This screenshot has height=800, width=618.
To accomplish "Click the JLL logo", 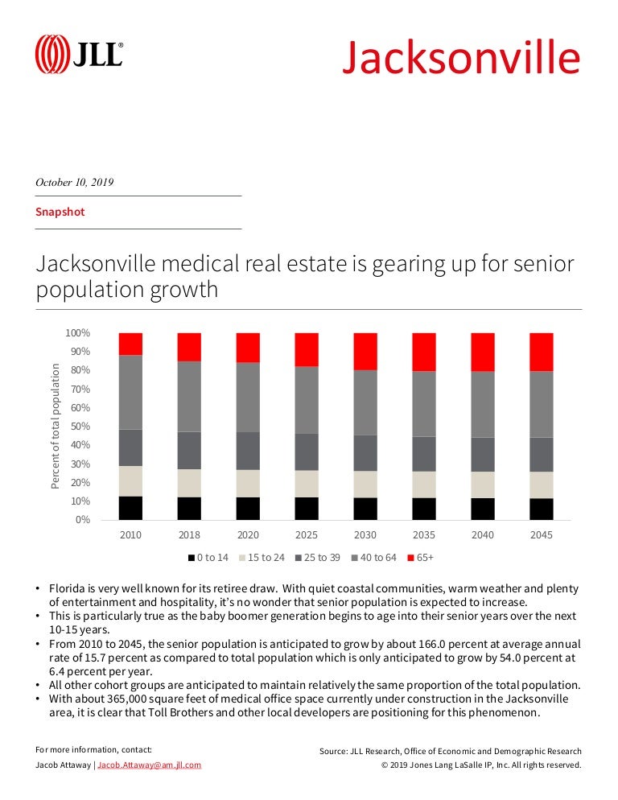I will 79,55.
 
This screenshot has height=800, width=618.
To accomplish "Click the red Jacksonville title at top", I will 460,57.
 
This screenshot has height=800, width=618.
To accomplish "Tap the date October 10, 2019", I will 74,182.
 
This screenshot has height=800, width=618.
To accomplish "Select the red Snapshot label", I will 60,212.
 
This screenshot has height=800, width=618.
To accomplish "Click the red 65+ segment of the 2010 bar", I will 130,344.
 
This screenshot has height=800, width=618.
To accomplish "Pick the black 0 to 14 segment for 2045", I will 542,509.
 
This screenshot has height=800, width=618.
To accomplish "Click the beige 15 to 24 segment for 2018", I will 189,483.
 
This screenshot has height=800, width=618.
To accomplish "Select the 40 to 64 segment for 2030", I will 365,402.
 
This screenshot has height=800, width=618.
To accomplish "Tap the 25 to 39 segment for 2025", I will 307,452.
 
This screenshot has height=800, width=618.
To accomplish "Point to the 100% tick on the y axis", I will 77,333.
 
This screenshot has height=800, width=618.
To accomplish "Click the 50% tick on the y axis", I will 79,427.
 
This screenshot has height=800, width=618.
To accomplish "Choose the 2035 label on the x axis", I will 424,535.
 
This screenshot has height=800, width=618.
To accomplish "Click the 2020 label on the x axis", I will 248,535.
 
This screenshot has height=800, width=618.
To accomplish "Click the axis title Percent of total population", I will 56,426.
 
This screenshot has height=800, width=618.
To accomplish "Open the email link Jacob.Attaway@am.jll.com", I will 149,765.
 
